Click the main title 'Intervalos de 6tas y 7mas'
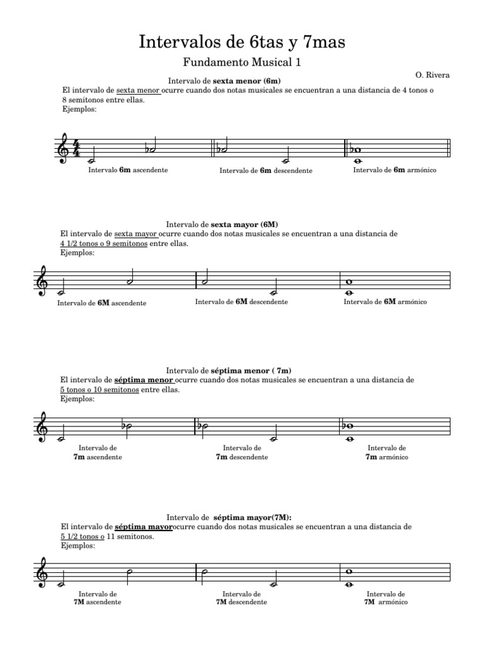coord(242,42)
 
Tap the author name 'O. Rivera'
coord(432,75)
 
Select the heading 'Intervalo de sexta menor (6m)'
coord(224,81)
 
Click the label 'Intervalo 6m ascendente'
coord(128,170)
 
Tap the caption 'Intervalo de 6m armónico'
coord(395,170)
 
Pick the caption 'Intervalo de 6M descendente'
coord(241,302)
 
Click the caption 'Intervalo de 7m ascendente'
coord(98,452)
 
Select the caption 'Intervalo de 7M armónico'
coord(386,597)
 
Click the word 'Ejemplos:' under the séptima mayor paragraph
coord(78,546)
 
